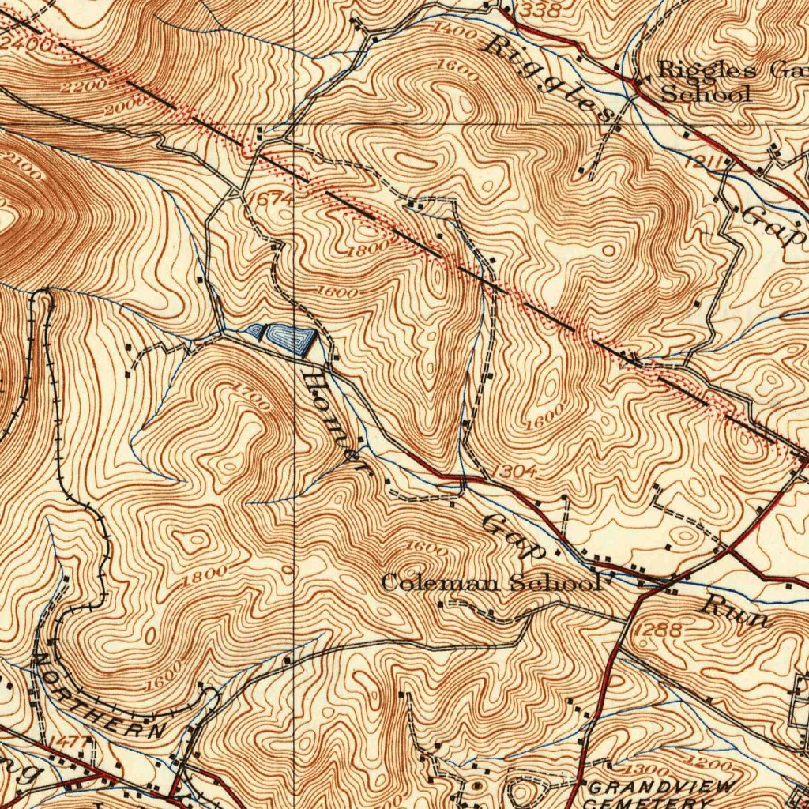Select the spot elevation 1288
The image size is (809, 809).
tap(657, 630)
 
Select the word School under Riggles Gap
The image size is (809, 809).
tap(705, 93)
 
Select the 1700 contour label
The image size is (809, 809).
tap(252, 395)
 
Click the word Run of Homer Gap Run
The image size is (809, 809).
tap(736, 612)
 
